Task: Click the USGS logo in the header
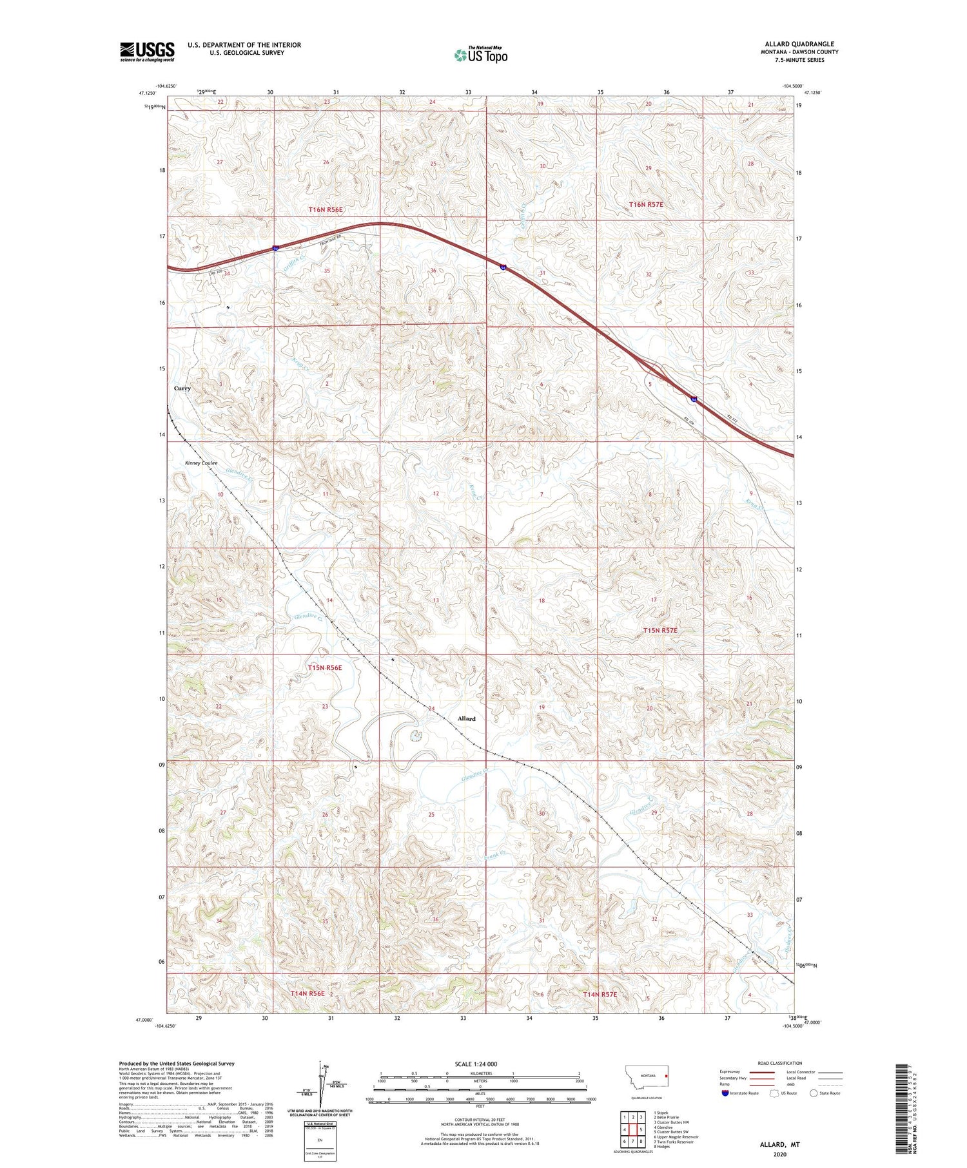pos(147,52)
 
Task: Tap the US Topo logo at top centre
pos(481,55)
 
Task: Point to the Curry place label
pos(182,388)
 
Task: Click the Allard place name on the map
pos(466,718)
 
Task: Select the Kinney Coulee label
pos(201,463)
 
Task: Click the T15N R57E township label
pos(656,630)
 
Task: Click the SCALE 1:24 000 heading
pos(480,1064)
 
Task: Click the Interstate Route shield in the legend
pos(726,1093)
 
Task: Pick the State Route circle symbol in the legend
pos(814,1093)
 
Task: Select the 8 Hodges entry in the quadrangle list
pos(663,1147)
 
